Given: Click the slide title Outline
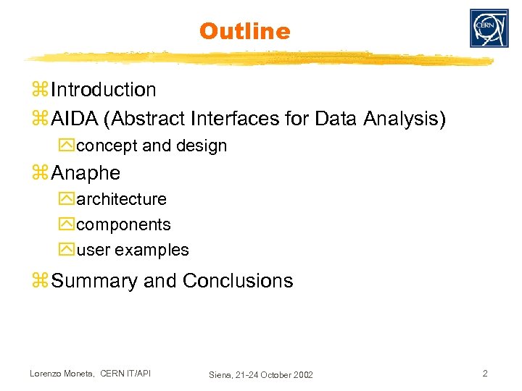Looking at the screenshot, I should tap(244, 31).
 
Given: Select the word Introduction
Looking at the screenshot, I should tap(104, 90).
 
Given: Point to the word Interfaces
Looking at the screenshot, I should tap(239, 118).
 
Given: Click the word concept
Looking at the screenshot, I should tap(107, 146).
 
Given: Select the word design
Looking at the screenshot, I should tap(201, 146).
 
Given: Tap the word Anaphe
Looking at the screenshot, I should tap(86, 174).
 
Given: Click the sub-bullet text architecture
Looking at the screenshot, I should tap(121, 199).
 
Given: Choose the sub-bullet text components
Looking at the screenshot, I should tap(123, 224).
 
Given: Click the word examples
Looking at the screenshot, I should tap(152, 251).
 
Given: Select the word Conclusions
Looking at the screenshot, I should tap(238, 281).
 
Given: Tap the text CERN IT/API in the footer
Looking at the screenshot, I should tap(126, 374).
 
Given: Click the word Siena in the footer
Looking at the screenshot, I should tap(220, 375).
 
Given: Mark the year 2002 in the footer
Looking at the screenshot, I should tap(302, 375).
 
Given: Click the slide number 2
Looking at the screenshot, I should tap(486, 374).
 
